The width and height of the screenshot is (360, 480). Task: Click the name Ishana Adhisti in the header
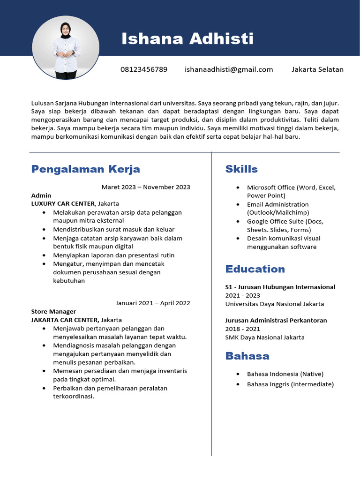(187, 39)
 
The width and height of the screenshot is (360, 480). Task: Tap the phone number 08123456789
(144, 69)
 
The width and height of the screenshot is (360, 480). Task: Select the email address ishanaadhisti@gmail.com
(229, 69)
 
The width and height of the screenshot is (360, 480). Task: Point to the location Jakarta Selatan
(317, 69)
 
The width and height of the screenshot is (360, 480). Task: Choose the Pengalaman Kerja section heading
(85, 169)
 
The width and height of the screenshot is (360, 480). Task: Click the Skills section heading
(241, 169)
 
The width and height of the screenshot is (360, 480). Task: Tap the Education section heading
(255, 269)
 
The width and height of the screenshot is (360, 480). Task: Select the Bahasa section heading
(247, 356)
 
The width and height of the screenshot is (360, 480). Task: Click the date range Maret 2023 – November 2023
(146, 187)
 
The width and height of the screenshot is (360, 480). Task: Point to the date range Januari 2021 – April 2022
(152, 303)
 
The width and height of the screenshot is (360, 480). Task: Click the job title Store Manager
(53, 312)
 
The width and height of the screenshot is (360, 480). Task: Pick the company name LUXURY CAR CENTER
(63, 204)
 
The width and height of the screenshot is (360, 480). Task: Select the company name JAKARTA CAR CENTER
(65, 320)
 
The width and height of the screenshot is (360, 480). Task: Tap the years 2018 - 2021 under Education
(243, 329)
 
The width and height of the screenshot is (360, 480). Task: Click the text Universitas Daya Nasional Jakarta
(274, 304)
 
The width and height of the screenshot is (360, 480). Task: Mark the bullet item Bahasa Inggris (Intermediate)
(290, 384)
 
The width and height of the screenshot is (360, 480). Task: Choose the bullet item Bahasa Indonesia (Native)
(285, 374)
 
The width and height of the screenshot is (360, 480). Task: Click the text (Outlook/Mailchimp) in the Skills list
(278, 213)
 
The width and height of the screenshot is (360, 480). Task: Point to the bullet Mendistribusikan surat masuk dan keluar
(113, 230)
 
